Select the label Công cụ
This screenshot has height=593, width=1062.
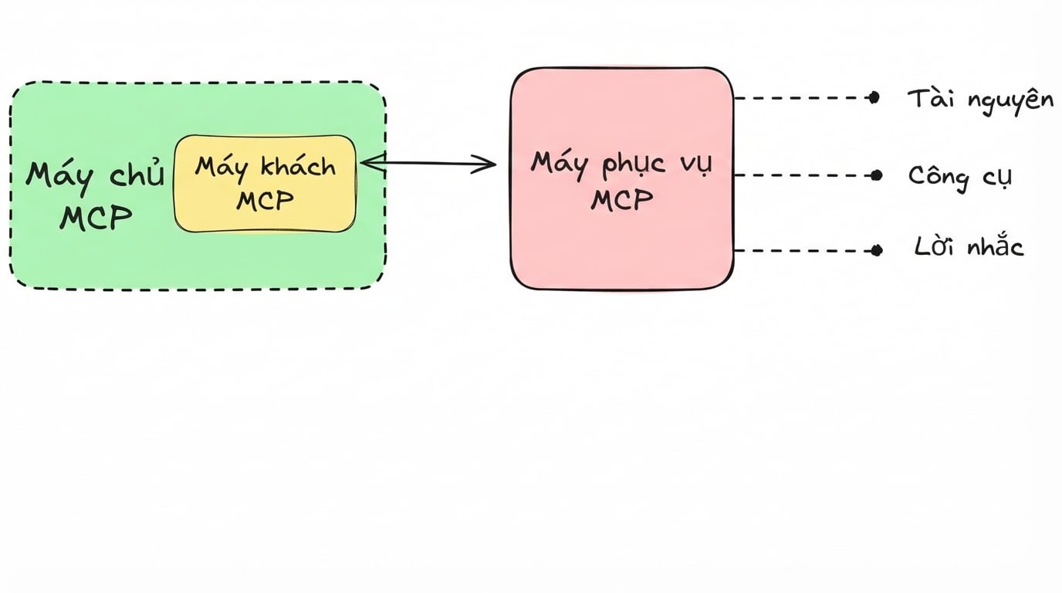point(960,177)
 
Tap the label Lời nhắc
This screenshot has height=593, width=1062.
point(969,246)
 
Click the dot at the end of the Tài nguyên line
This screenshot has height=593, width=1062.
point(874,98)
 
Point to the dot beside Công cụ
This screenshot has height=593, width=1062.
point(877,175)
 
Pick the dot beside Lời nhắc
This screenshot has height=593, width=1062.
point(877,250)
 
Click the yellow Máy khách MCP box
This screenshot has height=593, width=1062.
point(265,184)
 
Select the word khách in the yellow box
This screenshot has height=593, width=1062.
point(299,167)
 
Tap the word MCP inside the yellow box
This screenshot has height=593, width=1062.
point(265,201)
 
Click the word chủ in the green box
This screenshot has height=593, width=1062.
point(137,173)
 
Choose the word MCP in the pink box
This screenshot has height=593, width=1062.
point(621,200)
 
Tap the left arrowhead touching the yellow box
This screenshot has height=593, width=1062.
point(373,162)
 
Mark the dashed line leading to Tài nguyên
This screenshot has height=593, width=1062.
point(801,98)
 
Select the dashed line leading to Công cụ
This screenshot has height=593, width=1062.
point(803,175)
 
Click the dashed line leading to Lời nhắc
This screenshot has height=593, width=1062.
point(803,250)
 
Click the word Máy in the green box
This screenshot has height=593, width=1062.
point(59,178)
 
